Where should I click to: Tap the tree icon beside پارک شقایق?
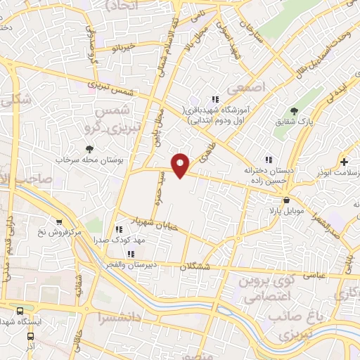pos(295,111)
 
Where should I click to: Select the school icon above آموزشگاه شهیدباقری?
pos(215,100)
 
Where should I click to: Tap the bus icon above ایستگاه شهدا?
pos(20,310)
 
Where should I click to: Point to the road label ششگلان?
pos(195,267)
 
